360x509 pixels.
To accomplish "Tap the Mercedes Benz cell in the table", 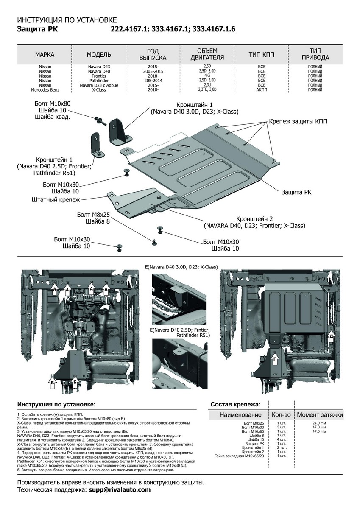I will [x=45, y=90].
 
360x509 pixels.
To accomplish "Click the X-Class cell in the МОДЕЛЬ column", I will [x=99, y=90].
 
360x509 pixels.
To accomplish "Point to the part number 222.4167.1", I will [x=129, y=29].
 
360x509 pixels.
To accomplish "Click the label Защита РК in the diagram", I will [x=296, y=192].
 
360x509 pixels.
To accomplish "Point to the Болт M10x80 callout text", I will [x=53, y=103].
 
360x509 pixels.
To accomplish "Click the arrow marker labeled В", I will [x=52, y=383].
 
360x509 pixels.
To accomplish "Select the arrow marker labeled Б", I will [x=75, y=383].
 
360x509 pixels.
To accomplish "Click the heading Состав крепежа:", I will [x=235, y=404].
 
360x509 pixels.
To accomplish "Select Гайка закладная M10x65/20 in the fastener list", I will [x=239, y=456].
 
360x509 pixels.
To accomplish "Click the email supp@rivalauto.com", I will [x=120, y=489].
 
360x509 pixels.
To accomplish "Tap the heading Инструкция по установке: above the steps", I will [x=56, y=404].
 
